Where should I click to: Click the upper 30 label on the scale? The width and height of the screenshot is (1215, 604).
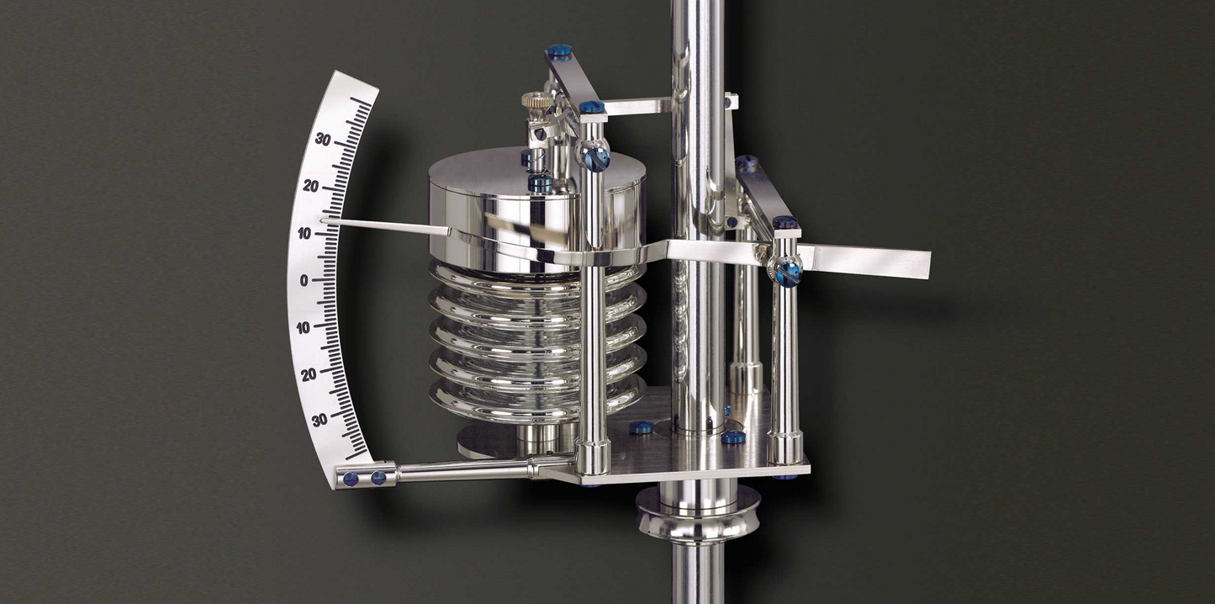(x=323, y=140)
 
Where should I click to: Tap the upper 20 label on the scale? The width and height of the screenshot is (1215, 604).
(x=311, y=186)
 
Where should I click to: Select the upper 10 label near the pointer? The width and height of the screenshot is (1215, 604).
(x=304, y=234)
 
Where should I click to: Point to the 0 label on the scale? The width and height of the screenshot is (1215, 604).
(x=304, y=281)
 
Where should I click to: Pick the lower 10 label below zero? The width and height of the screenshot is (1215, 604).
(x=304, y=328)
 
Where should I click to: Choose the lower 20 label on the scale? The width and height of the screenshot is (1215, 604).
(x=309, y=374)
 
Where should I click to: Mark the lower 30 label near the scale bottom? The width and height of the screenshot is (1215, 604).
(x=320, y=420)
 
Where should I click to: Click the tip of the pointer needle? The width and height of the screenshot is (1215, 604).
(x=322, y=220)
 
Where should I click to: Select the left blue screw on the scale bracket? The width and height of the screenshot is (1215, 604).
(x=351, y=479)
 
